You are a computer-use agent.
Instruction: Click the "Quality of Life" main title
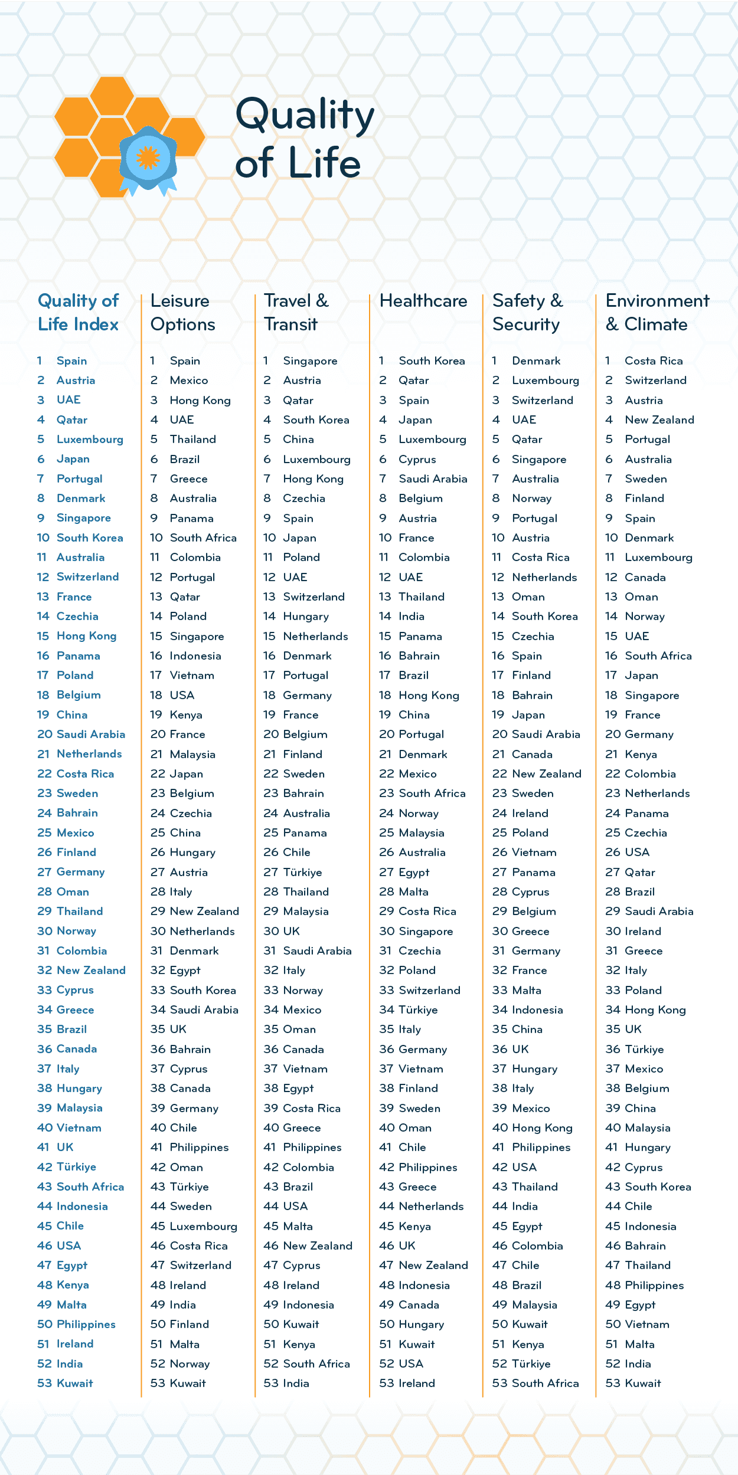[304, 138]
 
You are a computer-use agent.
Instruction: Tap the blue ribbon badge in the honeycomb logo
[148, 158]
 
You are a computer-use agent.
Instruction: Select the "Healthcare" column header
[423, 301]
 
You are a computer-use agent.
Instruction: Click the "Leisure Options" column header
[183, 313]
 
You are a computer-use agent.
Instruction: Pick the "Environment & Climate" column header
[657, 313]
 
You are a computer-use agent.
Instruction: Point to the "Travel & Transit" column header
[296, 313]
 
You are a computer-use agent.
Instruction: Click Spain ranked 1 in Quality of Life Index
[71, 360]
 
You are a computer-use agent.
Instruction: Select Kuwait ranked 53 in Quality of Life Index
[74, 1383]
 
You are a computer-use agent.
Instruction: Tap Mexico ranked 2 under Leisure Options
[189, 381]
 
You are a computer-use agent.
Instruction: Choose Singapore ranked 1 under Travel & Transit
[310, 360]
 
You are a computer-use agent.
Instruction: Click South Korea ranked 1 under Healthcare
[432, 360]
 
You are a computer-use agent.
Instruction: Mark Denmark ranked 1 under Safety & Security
[536, 360]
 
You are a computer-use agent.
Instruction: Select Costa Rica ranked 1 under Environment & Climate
[654, 360]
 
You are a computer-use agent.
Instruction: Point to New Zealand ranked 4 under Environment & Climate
[659, 419]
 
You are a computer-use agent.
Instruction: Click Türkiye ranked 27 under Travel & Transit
[302, 872]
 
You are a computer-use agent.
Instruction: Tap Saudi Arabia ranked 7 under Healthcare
[433, 478]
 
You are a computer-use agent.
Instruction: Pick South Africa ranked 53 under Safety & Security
[545, 1383]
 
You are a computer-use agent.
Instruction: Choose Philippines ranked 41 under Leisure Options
[199, 1147]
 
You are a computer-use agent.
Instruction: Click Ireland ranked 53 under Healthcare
[417, 1383]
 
